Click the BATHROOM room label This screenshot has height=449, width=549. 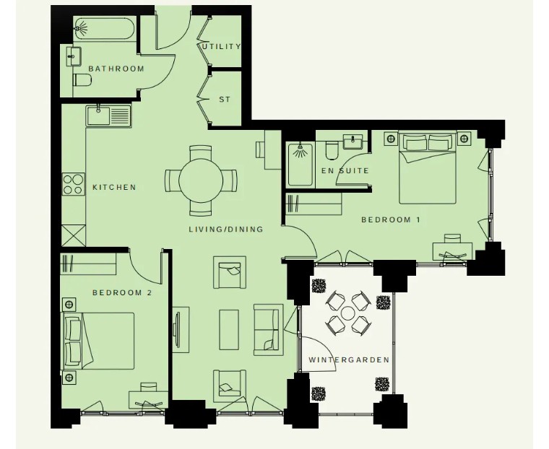pos(116,69)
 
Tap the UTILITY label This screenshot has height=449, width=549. pos(222,46)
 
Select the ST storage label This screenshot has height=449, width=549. pos(225,100)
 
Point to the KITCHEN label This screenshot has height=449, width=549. pos(114,187)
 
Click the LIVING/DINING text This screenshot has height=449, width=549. pos(226,230)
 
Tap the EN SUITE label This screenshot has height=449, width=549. pos(345,171)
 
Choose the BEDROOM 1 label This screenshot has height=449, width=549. pos(390,219)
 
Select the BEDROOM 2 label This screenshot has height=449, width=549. pos(122,292)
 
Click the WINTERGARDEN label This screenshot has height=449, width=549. pos(349,359)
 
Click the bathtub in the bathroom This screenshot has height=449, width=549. pos(104,29)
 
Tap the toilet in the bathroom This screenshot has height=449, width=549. pos(82,80)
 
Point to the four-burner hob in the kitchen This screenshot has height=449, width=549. pos(74,184)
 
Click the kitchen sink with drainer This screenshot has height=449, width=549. pos(108,115)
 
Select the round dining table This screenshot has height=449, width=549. pos(201,180)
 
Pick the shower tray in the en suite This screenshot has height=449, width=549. pos(301,164)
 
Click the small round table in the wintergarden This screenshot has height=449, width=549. pos(348,313)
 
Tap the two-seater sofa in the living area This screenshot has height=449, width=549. pos(268,330)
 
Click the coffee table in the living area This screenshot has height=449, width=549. pos(229,330)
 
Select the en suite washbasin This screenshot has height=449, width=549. pos(353,141)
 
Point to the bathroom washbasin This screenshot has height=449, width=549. pos(74,56)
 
